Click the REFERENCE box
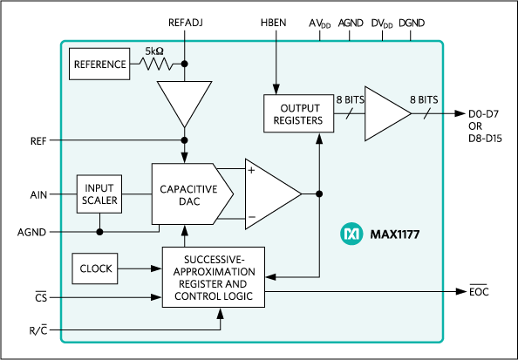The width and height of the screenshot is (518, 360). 100,65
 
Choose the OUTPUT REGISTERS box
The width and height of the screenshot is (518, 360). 298,113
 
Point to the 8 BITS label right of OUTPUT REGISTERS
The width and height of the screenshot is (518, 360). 350,100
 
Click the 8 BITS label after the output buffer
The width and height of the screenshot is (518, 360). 423,100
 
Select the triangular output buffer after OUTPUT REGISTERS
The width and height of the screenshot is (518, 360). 384,113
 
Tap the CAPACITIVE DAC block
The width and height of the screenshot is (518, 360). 189,194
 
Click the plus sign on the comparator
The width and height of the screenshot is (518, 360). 252,171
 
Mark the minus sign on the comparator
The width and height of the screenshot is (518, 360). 252,216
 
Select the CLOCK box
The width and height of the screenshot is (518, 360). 95,268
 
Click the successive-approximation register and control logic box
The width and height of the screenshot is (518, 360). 214,276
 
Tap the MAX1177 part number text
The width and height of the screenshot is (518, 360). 393,234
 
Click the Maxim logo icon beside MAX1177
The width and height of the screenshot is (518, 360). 351,234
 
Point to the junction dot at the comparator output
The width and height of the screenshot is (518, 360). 319,194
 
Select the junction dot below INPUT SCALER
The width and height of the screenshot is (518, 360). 99,232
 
